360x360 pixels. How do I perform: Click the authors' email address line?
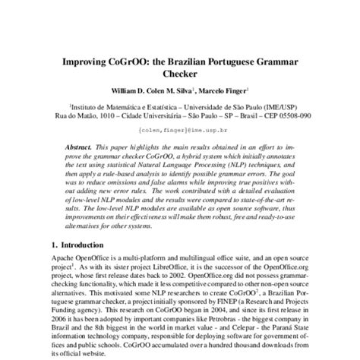tap(179, 130)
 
